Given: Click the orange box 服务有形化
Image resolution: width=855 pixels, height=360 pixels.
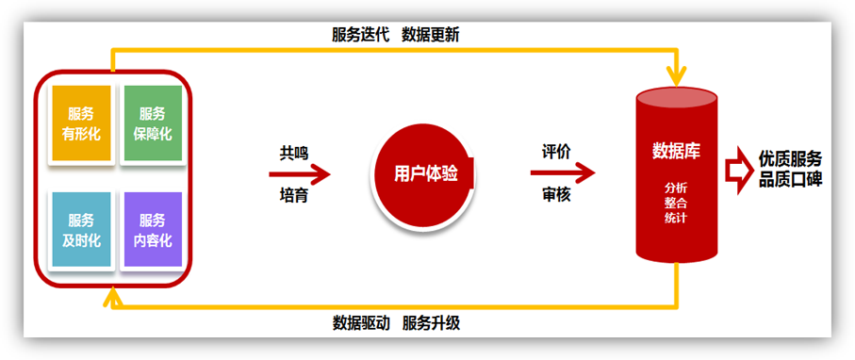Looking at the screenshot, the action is [81, 123].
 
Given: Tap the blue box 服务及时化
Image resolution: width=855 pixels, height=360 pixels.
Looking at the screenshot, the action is [81, 229].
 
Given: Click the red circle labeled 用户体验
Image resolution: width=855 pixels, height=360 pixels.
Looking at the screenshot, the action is [423, 174].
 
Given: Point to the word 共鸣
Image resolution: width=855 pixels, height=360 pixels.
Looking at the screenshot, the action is [294, 154].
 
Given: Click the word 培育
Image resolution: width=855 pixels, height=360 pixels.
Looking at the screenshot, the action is [294, 195].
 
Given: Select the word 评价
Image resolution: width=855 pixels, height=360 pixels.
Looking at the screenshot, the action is [556, 152].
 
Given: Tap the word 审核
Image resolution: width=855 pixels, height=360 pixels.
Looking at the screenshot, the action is [556, 194].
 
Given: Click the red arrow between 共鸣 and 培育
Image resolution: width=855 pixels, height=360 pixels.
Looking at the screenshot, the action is [300, 174].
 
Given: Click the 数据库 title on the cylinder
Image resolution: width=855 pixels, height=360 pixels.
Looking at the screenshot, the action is [676, 151].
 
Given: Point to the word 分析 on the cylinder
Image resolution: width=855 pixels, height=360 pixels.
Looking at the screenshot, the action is [676, 188].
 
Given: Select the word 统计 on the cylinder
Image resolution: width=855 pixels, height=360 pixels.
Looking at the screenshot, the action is [676, 218].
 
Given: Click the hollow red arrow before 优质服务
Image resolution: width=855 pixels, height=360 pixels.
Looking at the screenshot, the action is [739, 171].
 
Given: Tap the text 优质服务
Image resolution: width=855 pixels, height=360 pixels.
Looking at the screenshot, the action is [790, 159].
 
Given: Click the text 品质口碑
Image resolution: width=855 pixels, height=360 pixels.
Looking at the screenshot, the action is [790, 180].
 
